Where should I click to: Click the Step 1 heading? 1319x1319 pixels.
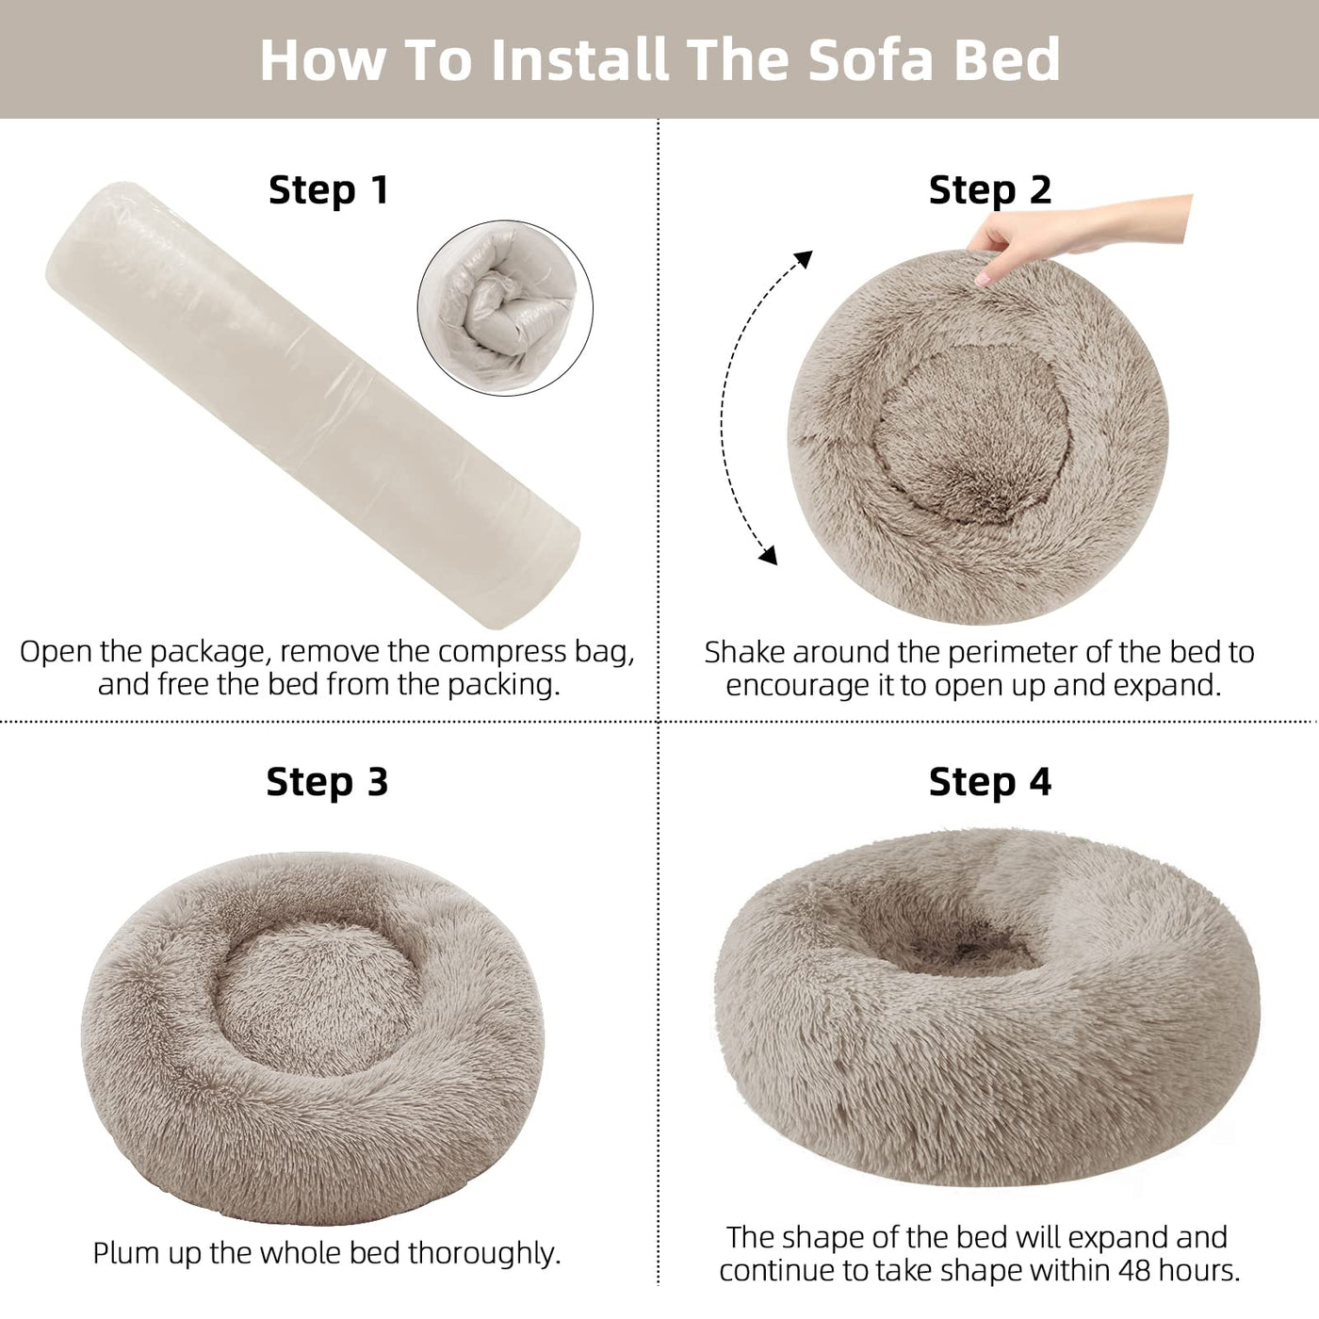click(328, 190)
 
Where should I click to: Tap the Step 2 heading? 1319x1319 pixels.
click(989, 190)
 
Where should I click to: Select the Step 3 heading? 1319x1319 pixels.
click(327, 782)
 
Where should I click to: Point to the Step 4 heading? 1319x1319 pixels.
click(989, 782)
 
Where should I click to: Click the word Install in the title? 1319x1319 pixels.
click(580, 59)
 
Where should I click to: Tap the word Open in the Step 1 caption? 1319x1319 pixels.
click(57, 652)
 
